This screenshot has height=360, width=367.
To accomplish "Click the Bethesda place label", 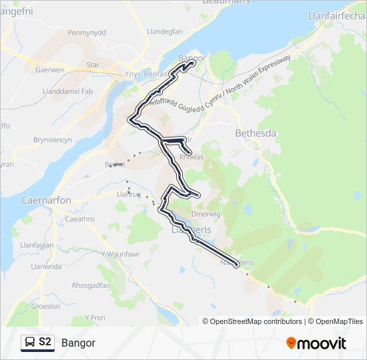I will click(256, 133).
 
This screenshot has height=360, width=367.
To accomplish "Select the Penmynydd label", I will click(87, 32).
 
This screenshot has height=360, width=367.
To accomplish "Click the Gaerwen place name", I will click(49, 69).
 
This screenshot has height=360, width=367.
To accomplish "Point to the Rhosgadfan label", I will click(91, 285).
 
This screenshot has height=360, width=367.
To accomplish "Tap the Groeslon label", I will click(46, 307).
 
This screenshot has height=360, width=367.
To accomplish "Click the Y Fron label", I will click(95, 318).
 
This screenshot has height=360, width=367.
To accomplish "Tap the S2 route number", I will click(45, 343).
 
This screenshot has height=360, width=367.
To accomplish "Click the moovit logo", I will click(316, 343).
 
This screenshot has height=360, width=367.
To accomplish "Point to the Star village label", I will click(93, 65).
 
